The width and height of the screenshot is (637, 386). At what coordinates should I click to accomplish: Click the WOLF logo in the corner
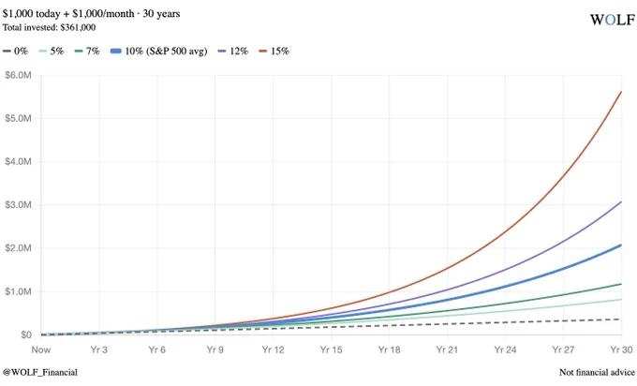[613, 20]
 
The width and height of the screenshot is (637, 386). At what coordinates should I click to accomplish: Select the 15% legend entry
[274, 51]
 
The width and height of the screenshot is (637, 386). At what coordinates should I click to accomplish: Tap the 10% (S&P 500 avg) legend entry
[159, 51]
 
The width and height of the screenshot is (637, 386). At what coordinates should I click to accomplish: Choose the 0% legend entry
[15, 51]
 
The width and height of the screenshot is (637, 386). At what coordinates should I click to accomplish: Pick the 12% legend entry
[233, 51]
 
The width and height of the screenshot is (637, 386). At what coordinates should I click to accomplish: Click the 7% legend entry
[87, 51]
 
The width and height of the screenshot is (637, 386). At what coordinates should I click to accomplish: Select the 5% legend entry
[52, 51]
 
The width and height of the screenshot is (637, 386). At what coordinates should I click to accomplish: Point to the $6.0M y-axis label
[18, 75]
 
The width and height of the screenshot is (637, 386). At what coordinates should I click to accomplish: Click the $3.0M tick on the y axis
[18, 205]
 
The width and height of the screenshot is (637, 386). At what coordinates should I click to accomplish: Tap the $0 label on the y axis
[26, 334]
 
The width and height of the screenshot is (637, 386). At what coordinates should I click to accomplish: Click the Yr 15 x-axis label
[331, 349]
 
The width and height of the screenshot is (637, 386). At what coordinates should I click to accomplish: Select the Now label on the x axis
[41, 349]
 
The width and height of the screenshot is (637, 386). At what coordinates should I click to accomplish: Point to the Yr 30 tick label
[622, 349]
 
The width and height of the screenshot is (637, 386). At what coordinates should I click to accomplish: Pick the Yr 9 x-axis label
[215, 349]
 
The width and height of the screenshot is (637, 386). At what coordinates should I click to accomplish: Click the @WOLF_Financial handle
[39, 372]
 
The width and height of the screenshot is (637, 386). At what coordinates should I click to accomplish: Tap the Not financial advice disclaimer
[597, 372]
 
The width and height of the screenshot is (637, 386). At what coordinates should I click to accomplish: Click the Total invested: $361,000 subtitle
[49, 27]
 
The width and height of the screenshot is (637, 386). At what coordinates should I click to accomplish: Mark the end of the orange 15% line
[622, 92]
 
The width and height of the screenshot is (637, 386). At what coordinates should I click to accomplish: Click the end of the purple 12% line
[622, 201]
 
